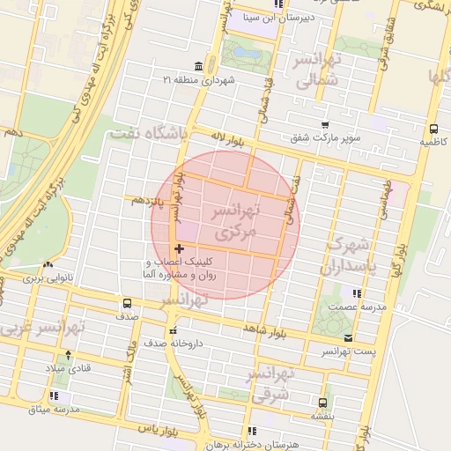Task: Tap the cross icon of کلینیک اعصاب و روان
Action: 180,250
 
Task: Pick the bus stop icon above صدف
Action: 128,304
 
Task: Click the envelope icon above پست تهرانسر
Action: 348,338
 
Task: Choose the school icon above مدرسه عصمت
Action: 356,293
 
